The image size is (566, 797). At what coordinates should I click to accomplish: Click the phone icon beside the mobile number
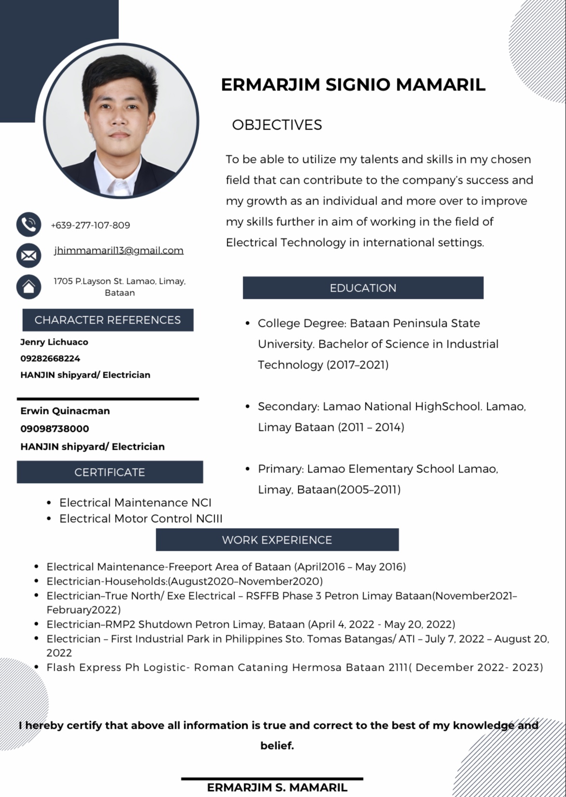pos(29,224)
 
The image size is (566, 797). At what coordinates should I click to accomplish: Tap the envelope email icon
pos(29,255)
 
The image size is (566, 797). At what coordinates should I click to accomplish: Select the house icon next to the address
pos(29,287)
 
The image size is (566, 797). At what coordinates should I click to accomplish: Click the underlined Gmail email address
pos(119,250)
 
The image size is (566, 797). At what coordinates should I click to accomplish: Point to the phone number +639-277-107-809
pos(90,225)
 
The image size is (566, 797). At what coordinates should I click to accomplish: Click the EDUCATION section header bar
pos(363,288)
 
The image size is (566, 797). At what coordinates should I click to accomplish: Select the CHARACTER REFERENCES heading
pos(108,320)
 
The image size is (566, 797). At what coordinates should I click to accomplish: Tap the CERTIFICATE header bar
pos(110,472)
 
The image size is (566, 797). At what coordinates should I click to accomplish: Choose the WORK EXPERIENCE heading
pos(277,540)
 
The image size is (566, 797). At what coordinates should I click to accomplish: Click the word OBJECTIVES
pos(277,125)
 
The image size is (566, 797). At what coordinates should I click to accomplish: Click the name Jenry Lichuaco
pos(54,342)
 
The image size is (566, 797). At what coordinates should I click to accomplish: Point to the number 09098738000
pos(55,428)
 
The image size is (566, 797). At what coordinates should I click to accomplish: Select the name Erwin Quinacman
pos(65,411)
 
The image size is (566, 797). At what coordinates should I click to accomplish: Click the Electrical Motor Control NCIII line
pos(141,518)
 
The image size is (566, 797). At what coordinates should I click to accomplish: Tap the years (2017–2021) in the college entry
pos(358,365)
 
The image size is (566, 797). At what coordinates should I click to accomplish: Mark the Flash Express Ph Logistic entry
pos(294,667)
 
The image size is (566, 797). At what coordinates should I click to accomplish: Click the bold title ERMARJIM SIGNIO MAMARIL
pos(353,85)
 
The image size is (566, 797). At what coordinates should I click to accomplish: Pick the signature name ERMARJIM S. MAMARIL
pos(277,787)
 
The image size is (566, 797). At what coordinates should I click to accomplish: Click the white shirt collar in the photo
pos(116,186)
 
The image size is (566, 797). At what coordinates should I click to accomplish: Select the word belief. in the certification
pos(277,745)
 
